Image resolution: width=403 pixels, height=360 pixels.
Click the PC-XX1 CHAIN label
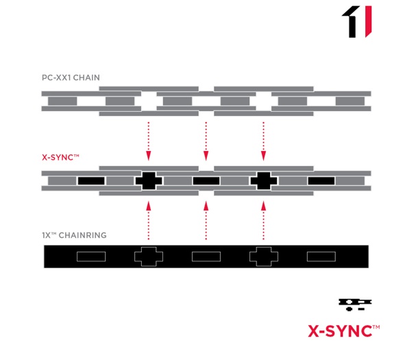pyautogui.click(x=71, y=77)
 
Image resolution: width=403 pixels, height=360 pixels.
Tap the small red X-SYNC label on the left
pyautogui.click(x=60, y=158)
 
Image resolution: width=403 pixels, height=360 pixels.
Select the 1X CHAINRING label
pyautogui.click(x=74, y=235)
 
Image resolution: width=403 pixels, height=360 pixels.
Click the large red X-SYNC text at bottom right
pyautogui.click(x=344, y=331)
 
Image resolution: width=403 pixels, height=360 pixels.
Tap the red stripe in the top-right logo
pyautogui.click(x=368, y=21)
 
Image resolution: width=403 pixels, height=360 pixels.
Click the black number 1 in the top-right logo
pyautogui.click(x=352, y=22)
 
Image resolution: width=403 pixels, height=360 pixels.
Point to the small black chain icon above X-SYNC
pyautogui.click(x=355, y=304)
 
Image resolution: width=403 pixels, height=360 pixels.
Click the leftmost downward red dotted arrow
pyautogui.click(x=148, y=141)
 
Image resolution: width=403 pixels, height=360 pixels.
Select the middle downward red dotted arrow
pyautogui.click(x=206, y=141)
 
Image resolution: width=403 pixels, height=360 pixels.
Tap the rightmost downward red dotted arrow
pyautogui.click(x=263, y=141)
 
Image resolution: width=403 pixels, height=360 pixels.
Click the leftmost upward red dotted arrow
pyautogui.click(x=148, y=221)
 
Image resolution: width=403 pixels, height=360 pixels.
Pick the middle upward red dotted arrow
pyautogui.click(x=206, y=221)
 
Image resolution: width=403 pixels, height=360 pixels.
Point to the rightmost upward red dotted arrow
pyautogui.click(x=263, y=221)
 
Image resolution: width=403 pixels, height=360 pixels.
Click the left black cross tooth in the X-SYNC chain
pyautogui.click(x=149, y=181)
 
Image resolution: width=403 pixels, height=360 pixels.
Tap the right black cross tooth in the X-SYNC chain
pyautogui.click(x=264, y=181)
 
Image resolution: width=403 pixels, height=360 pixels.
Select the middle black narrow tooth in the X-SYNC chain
pyautogui.click(x=206, y=181)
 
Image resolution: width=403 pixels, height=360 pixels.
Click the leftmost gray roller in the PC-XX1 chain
pyautogui.click(x=62, y=101)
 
